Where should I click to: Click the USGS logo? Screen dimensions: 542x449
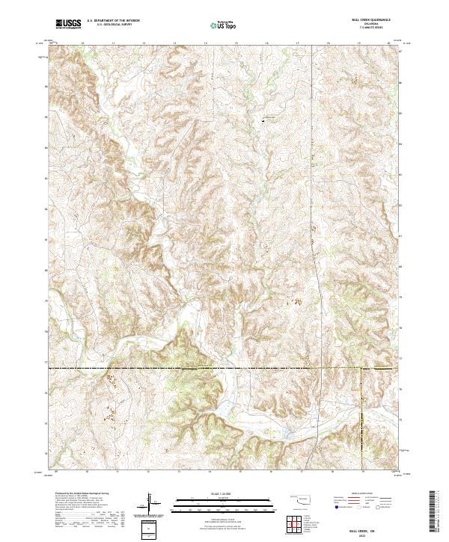pyautogui.click(x=67, y=24)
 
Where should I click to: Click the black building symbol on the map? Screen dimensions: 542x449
pyautogui.click(x=263, y=120)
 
